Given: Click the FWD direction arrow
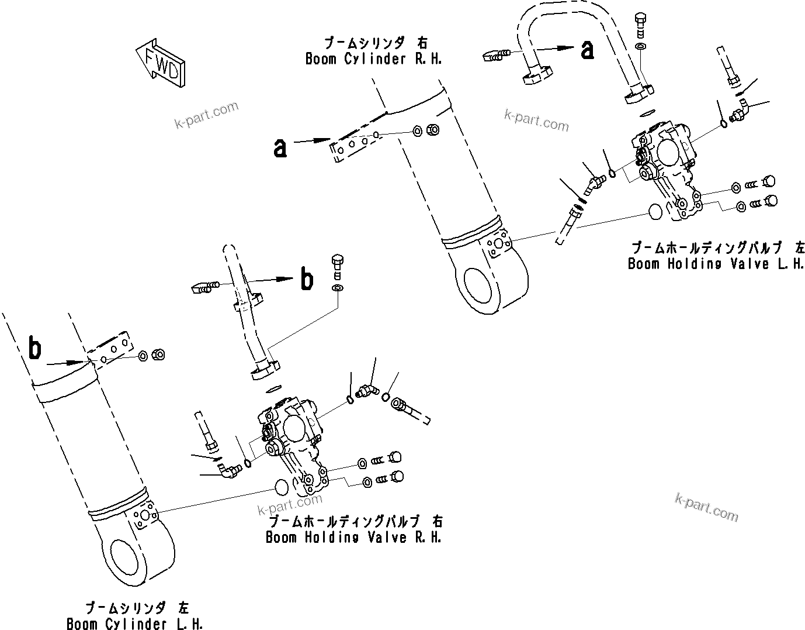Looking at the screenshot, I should click(161, 63).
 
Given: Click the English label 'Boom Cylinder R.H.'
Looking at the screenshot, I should click(373, 59).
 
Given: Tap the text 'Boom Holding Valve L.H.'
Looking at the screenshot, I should click(716, 263).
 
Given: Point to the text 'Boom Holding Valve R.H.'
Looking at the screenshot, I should click(353, 537).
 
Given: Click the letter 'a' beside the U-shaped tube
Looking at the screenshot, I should click(588, 50).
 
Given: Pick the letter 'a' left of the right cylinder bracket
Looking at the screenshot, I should click(280, 148).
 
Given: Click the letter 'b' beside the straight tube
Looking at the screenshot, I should click(307, 279).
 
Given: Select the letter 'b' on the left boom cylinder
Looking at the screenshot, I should click(35, 349).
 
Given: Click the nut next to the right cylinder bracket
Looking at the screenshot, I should click(433, 129).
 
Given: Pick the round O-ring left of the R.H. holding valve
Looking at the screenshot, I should click(282, 487).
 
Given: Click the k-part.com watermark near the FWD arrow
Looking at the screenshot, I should click(207, 115).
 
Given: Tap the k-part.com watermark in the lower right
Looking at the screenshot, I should click(706, 507).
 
